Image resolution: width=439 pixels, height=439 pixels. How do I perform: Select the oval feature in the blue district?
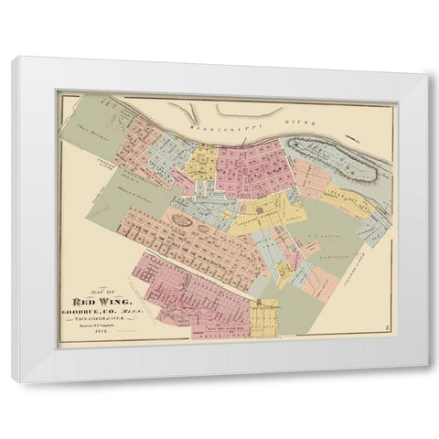pyautogui.click(x=183, y=219)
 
